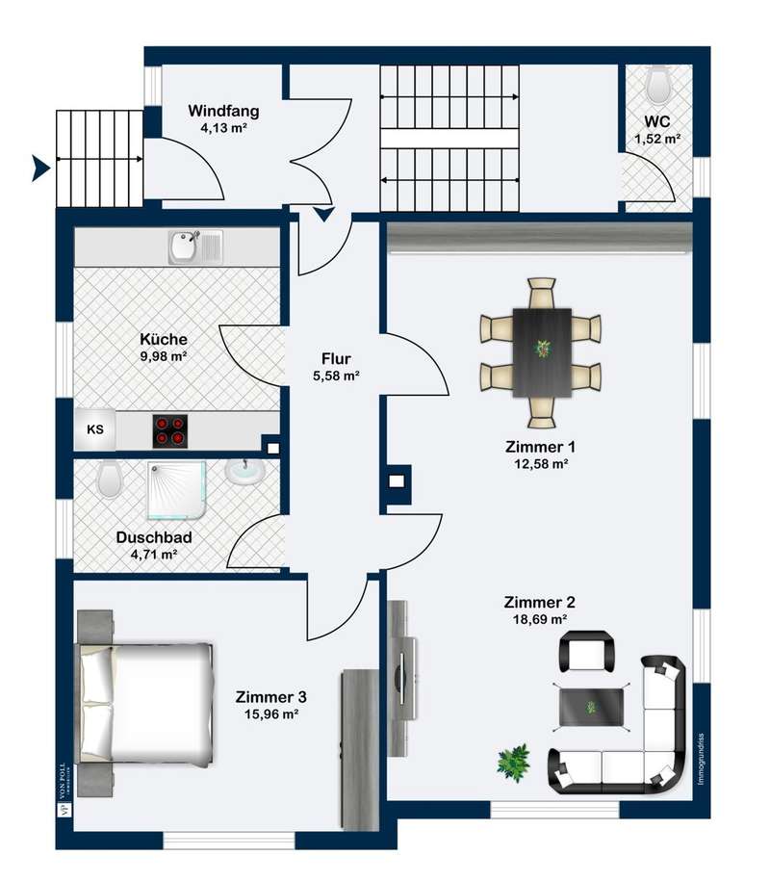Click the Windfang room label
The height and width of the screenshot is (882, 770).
point(223,111)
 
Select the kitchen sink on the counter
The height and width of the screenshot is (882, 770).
point(195,246)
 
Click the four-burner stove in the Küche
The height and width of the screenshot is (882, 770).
point(170,431)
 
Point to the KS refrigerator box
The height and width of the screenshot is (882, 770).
point(95,429)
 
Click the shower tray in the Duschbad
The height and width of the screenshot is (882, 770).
point(176,490)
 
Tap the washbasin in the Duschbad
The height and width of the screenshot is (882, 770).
point(244,472)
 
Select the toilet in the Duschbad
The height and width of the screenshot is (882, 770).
point(109,479)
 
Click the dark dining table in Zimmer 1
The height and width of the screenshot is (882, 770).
point(542,352)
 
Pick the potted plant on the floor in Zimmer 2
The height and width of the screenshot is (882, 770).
point(514,763)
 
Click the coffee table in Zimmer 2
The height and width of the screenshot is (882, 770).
point(591,707)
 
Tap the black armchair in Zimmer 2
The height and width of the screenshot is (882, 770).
point(586,651)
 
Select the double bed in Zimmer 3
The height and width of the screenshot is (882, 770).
point(145,705)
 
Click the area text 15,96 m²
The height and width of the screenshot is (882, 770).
point(271,714)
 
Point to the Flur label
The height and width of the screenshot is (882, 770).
point(336,358)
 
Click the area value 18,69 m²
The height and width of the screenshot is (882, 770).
point(540,619)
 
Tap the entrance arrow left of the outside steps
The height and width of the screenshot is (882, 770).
point(40,169)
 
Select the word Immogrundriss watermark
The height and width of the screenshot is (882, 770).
point(701,759)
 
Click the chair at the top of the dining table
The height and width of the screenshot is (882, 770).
point(542,293)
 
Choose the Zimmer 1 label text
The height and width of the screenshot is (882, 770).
point(540,447)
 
